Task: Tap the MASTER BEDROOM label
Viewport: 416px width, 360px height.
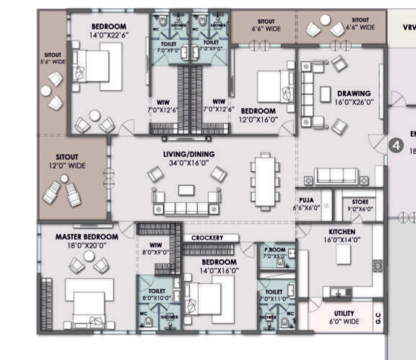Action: coord(87,236)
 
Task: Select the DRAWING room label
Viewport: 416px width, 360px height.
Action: coord(354,93)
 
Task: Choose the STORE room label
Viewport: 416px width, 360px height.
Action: coord(360,202)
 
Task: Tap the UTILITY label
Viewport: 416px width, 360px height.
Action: coord(344,314)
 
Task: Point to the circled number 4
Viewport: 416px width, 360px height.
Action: coord(395,145)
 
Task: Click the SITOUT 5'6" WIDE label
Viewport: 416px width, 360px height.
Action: coord(54,58)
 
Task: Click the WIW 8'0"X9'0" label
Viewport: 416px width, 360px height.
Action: coord(155,248)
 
